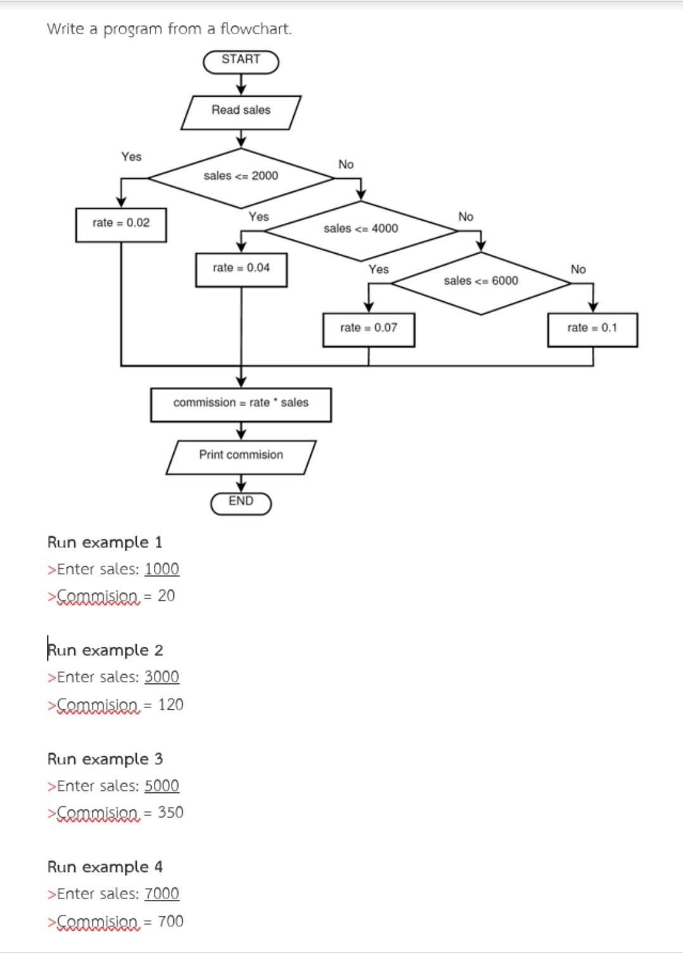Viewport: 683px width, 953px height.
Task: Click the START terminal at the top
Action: pos(241,61)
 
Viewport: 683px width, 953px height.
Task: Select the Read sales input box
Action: pos(241,111)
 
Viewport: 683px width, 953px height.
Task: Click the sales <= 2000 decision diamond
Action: pos(241,177)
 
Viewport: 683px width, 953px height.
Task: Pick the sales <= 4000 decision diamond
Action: pos(361,229)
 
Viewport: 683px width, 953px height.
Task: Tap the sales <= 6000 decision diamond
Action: pos(481,282)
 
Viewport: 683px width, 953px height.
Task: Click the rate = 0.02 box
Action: pos(121,224)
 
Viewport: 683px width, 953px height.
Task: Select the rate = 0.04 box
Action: pos(241,269)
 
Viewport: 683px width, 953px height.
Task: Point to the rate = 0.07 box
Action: pos(368,328)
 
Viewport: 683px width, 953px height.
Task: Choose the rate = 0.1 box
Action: pos(592,328)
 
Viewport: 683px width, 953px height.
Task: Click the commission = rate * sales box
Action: pos(241,404)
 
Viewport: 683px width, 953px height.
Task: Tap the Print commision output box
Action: pos(241,456)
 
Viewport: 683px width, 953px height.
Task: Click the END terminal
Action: pos(241,502)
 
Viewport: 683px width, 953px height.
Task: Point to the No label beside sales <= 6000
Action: pos(578,270)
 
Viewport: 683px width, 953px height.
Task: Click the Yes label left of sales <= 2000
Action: pos(132,157)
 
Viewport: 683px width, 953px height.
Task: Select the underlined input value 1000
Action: pos(161,569)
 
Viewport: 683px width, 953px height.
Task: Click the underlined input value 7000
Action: pos(161,894)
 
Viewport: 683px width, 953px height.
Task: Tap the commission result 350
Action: pos(170,813)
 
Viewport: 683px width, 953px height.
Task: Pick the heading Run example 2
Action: pos(105,651)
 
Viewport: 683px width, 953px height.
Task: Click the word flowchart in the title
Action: pos(256,29)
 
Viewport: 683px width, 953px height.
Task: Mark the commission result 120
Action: pos(170,705)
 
